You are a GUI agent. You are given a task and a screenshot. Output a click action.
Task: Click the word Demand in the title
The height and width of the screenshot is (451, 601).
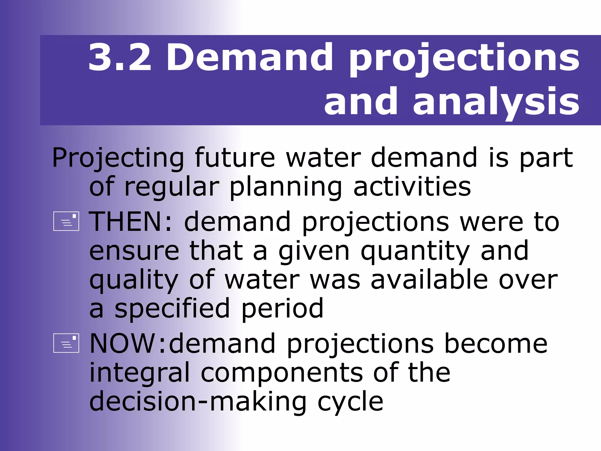249,57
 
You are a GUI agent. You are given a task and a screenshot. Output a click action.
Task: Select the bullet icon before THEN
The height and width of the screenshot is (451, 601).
66,221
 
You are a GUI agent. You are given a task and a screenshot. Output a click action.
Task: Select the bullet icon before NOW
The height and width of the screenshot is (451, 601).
66,343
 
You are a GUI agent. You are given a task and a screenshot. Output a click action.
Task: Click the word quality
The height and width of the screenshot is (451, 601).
134,281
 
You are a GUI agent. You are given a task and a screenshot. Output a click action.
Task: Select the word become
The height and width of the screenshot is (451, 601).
496,344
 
